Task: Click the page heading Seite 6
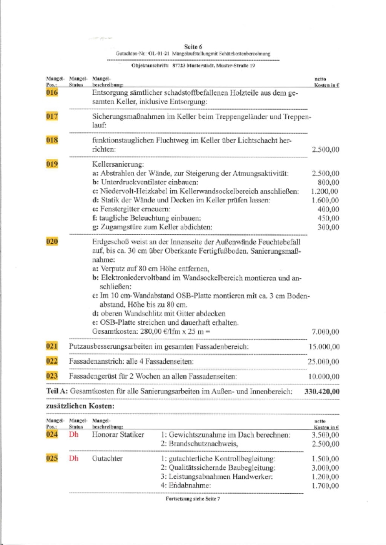[193, 47]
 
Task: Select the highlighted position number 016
[52, 93]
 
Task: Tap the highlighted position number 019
[52, 164]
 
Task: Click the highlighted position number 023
[52, 376]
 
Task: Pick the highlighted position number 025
[52, 458]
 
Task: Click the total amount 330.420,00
[322, 391]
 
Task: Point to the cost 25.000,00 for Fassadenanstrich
[323, 361]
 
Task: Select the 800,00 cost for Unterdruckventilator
[328, 182]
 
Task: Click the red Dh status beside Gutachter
[74, 458]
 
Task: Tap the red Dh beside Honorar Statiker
[74, 434]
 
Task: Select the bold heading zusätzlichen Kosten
[80, 406]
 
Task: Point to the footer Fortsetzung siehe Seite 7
[193, 499]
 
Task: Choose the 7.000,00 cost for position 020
[325, 332]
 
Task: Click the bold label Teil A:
[57, 391]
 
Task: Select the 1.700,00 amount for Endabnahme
[325, 485]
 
